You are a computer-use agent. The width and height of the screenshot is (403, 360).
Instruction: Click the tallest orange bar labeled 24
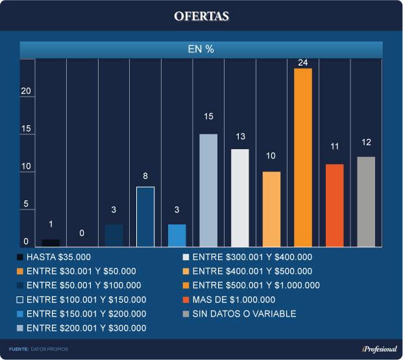(303, 158)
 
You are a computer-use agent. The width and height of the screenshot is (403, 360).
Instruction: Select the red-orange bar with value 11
(334, 205)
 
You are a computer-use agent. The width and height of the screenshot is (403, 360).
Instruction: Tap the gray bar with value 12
(366, 202)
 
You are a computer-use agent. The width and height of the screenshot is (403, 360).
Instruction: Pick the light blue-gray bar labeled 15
(208, 190)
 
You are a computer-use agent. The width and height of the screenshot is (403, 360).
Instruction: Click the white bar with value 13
(240, 198)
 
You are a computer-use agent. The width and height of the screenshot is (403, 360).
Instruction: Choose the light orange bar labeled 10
(271, 209)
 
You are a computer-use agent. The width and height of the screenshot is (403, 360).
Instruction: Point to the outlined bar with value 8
(145, 217)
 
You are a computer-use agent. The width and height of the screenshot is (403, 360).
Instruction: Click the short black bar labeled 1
(51, 243)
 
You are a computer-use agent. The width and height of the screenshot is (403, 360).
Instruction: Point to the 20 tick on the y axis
(26, 91)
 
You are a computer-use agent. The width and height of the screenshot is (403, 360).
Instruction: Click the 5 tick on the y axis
(26, 204)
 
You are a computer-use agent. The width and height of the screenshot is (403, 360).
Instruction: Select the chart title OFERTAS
(201, 16)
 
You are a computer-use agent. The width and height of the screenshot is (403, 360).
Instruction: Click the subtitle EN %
(201, 49)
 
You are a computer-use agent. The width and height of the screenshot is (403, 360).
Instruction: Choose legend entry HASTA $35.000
(62, 257)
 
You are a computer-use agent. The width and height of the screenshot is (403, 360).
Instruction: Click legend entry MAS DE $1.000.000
(234, 300)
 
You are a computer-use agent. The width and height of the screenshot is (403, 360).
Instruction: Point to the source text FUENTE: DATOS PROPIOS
(40, 350)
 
